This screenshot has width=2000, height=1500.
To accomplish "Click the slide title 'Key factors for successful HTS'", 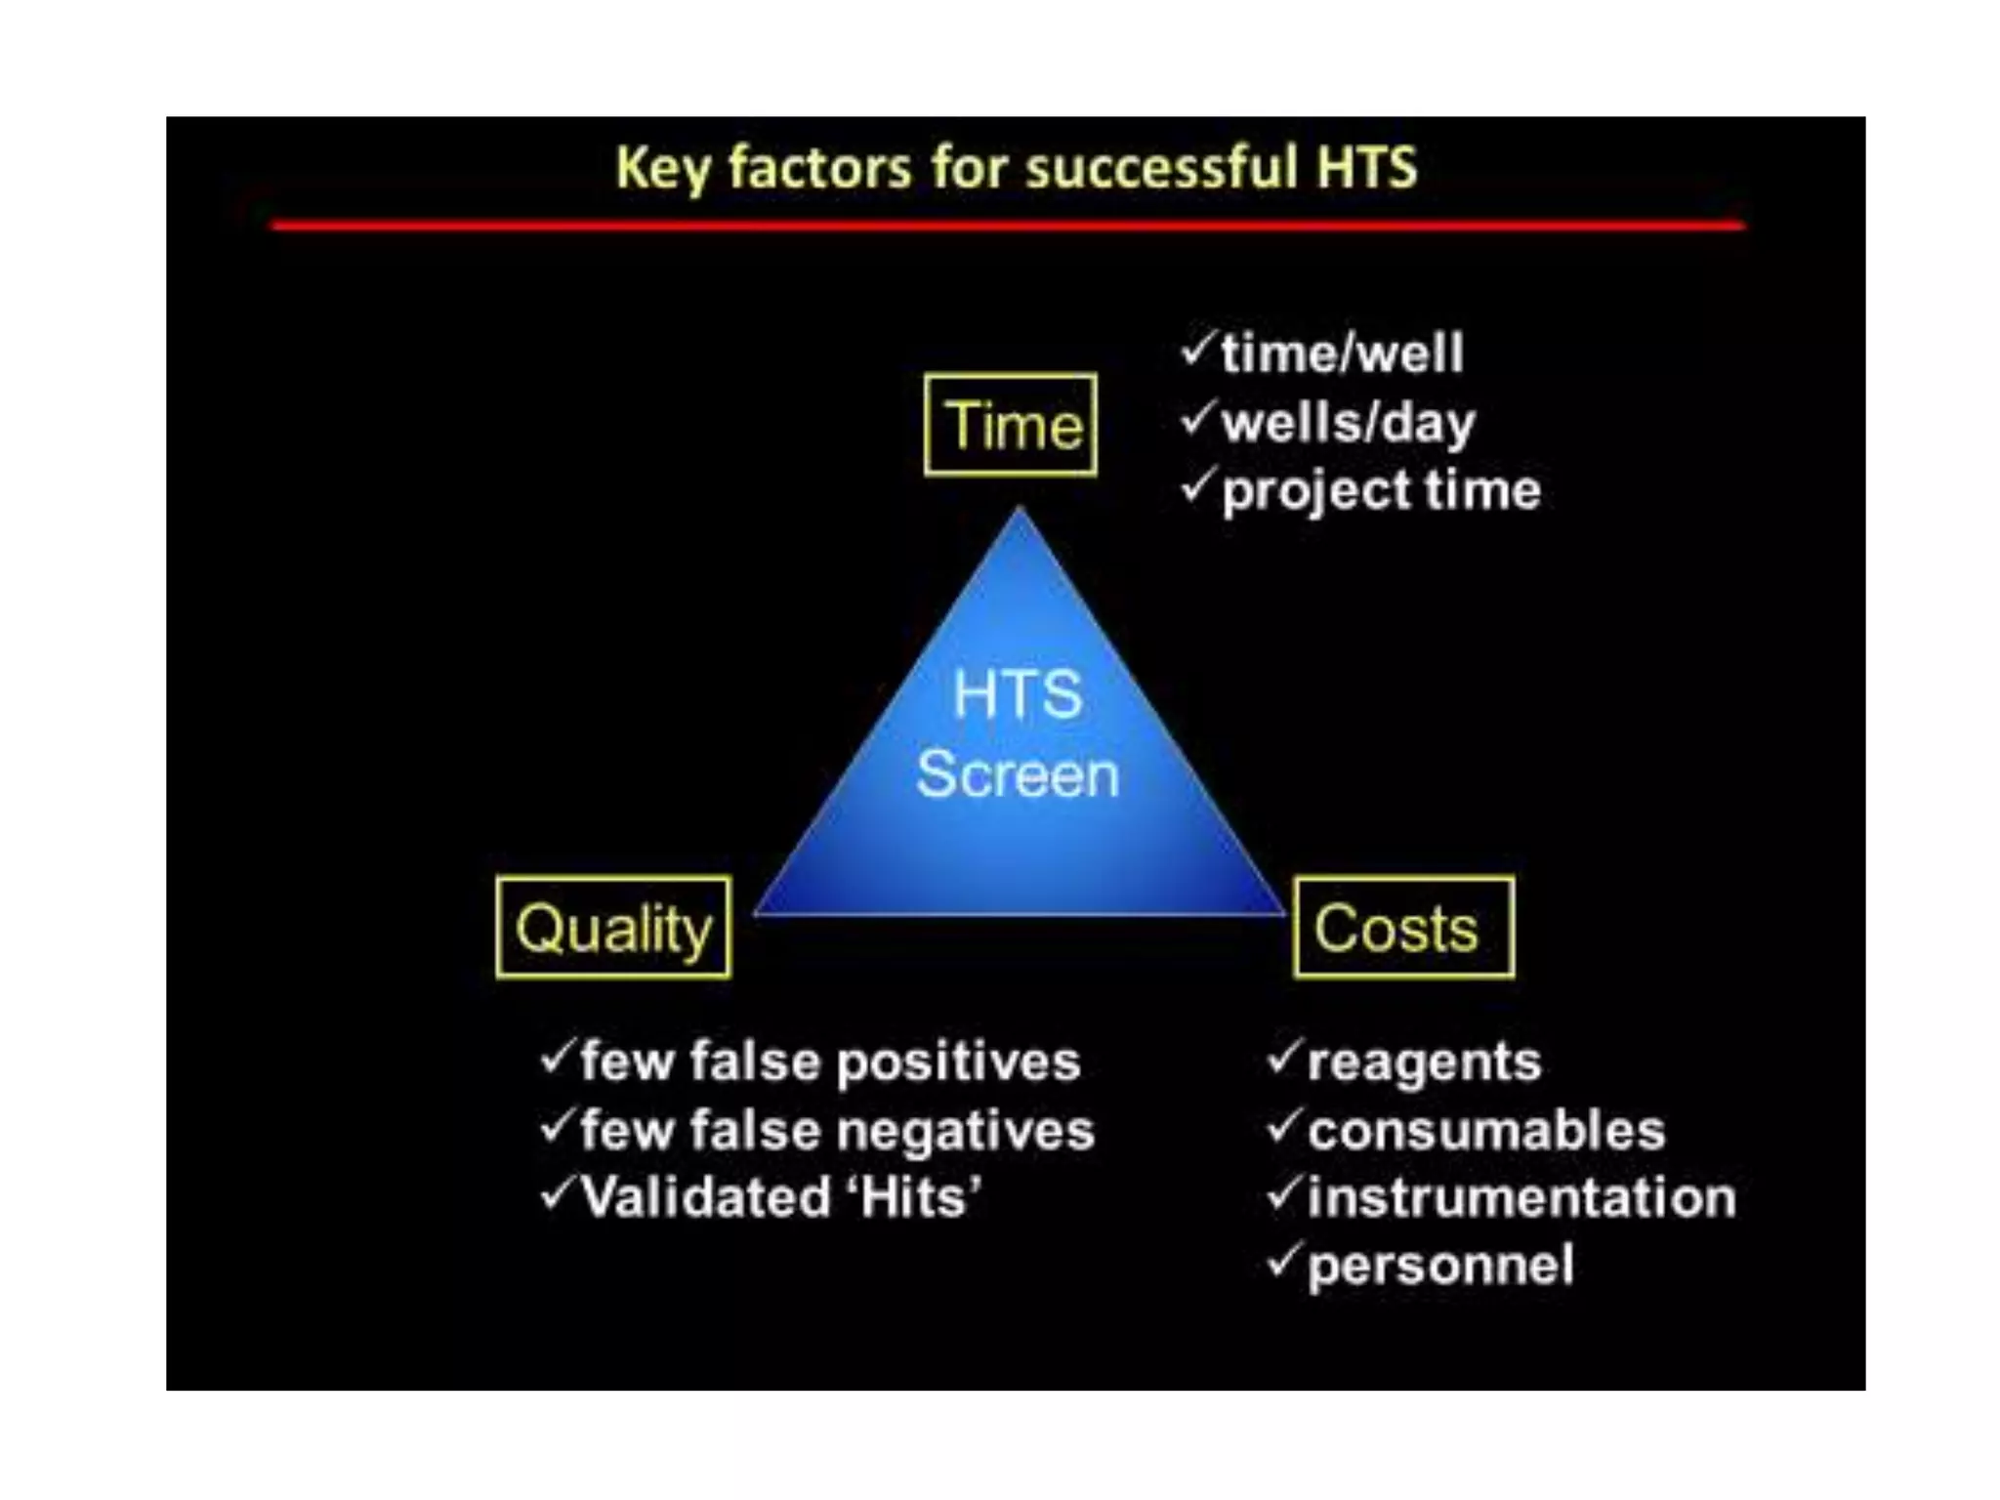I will [1016, 168].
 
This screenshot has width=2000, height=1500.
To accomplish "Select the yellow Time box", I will [1011, 425].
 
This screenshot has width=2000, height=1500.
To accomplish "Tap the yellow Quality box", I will [613, 927].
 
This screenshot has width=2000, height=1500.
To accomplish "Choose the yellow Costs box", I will [1403, 927].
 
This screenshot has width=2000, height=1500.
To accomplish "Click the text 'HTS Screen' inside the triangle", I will [1018, 734].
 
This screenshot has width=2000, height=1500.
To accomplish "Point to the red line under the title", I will [1008, 226].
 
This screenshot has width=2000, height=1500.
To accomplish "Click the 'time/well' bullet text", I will [1342, 353].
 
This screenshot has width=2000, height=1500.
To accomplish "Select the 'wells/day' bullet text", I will [1348, 423].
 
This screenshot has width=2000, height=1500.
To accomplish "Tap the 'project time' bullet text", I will [1381, 490].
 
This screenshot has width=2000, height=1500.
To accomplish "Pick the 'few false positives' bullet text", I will [830, 1062].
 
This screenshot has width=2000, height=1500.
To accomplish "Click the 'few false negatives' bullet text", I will [837, 1131].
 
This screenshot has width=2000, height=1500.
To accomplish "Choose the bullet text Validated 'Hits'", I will [781, 1197].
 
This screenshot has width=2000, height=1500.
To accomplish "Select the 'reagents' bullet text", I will [1424, 1062].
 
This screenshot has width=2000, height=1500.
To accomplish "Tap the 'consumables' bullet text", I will [1485, 1131].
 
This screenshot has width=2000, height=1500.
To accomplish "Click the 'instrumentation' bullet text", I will [1521, 1197].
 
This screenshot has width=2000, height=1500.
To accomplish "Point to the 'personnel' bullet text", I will [1440, 1266].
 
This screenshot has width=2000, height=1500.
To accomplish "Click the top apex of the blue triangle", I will [1020, 514].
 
